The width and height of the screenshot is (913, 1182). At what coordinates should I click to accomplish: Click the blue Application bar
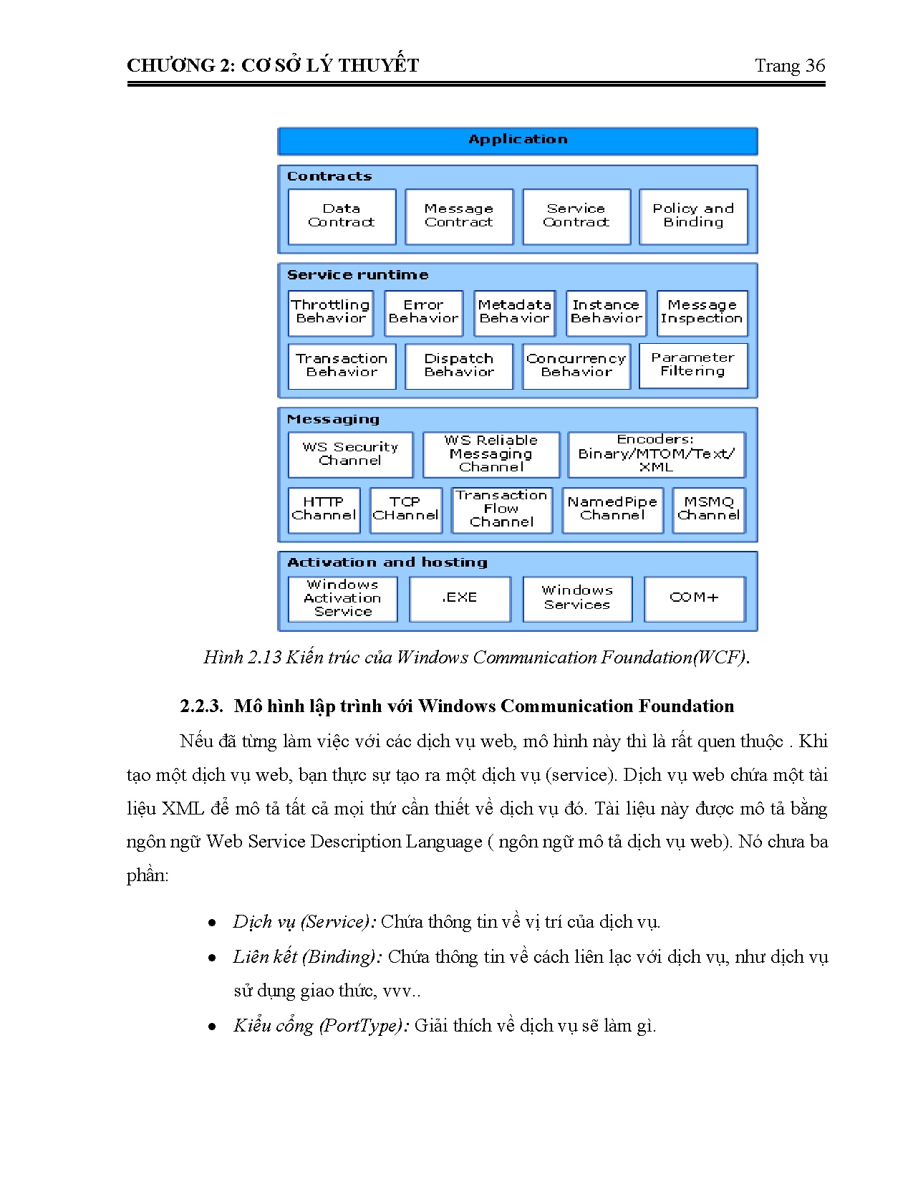517,140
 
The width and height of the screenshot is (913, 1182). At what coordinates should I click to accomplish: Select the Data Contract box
342,216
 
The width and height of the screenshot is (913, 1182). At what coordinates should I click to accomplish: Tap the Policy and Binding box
692,216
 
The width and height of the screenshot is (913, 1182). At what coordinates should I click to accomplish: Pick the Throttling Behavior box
330,312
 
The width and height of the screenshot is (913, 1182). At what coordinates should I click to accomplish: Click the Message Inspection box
701,312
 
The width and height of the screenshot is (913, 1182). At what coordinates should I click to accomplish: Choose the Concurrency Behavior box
576,366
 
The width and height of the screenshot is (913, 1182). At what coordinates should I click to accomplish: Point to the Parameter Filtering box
692,365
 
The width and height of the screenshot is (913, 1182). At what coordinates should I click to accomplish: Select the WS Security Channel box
350,454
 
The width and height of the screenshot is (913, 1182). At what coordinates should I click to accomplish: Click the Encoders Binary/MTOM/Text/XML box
656,454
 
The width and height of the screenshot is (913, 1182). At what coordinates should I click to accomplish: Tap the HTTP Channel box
324,509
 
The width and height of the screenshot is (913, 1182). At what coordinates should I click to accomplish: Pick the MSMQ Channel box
708,509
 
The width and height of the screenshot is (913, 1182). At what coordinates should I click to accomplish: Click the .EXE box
460,598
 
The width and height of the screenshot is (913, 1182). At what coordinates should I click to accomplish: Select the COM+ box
694,598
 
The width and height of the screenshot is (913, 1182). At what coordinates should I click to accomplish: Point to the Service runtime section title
357,275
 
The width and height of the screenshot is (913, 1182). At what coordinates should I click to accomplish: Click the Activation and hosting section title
387,563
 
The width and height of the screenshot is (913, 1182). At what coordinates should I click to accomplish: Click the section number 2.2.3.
201,707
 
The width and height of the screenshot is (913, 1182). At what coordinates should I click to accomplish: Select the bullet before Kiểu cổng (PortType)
212,1027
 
